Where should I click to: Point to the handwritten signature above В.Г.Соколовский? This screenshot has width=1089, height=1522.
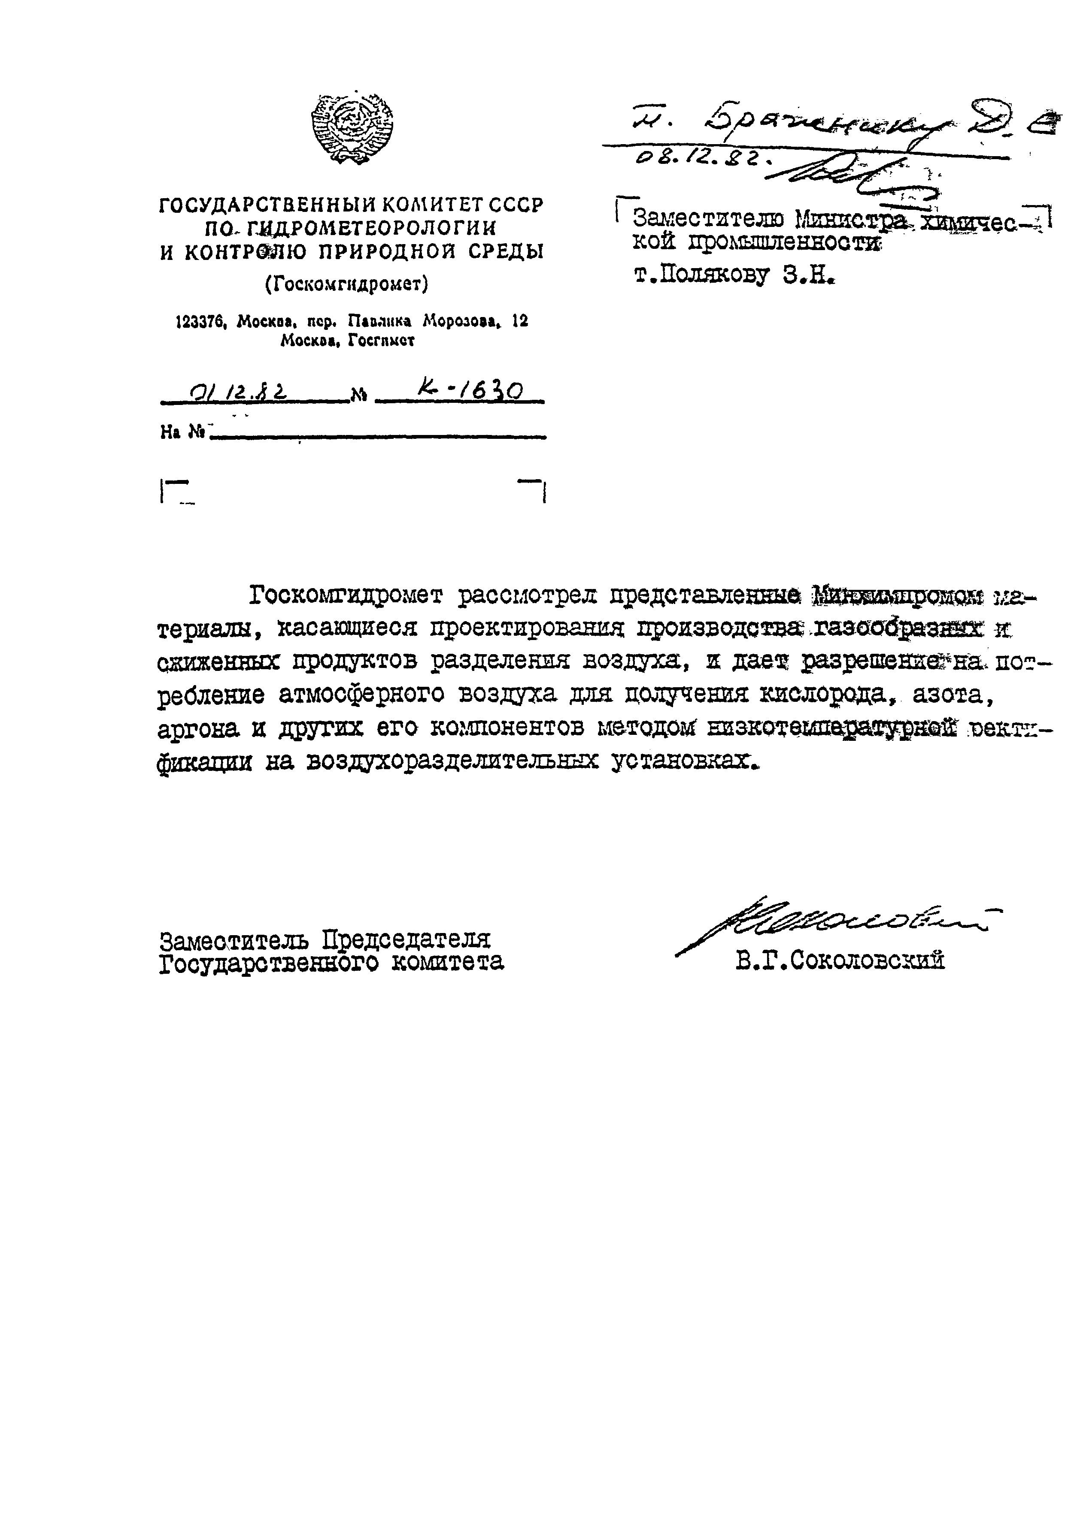click(x=831, y=925)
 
